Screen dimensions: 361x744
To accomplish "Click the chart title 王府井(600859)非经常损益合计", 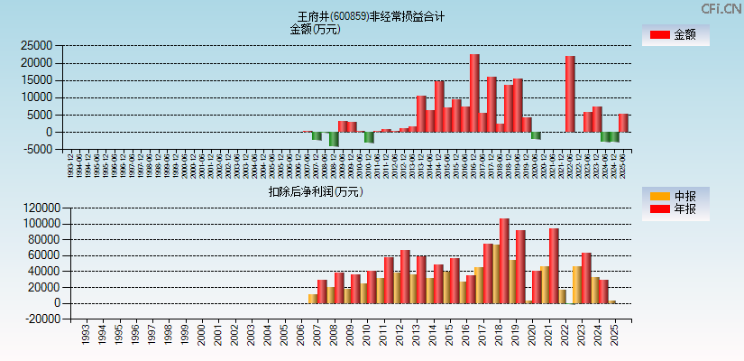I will click(372, 16).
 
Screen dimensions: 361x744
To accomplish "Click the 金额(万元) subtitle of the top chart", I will click(315, 29).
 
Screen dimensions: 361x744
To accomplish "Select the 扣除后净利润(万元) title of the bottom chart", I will click(315, 191).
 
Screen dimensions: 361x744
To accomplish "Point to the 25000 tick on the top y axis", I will click(37, 45).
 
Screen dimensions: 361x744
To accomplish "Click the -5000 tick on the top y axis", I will click(37, 150).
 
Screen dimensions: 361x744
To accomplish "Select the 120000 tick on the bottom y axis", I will click(33, 208).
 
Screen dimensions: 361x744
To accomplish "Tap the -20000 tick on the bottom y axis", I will click(33, 319).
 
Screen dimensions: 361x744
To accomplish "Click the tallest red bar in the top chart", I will click(474, 93).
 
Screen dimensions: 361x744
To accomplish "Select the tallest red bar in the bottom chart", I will click(504, 261).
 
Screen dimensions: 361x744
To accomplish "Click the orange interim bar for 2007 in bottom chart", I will click(312, 298).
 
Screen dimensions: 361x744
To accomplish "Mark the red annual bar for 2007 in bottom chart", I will click(322, 292).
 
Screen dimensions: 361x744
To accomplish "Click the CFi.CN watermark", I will click(721, 8).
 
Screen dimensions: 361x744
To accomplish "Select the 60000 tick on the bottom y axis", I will click(37, 255).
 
